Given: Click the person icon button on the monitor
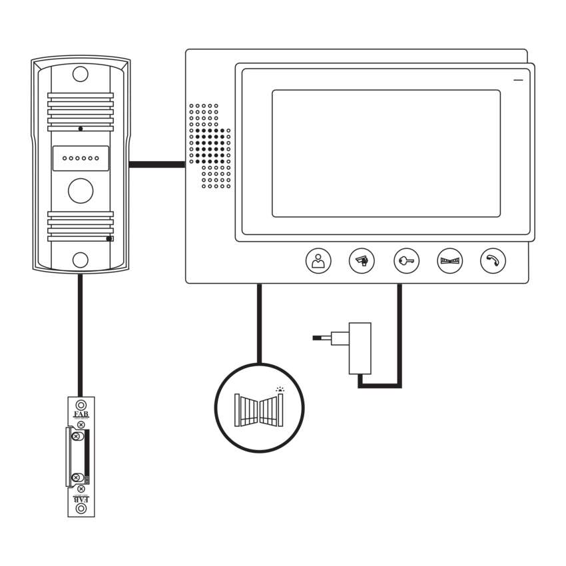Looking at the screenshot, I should click(x=318, y=261).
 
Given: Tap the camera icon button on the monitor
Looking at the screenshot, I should click(x=362, y=261).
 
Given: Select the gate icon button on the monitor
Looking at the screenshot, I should click(x=449, y=261).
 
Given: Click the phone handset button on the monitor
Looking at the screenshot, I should click(x=493, y=261).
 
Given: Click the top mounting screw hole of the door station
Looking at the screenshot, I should click(x=81, y=73).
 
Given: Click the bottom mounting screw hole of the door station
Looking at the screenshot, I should click(x=81, y=260).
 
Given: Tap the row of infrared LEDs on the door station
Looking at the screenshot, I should click(x=81, y=159).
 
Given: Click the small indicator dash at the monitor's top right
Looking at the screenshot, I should click(x=518, y=81).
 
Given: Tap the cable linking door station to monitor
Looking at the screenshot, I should click(x=156, y=164).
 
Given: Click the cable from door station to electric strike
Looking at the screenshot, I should click(x=80, y=333).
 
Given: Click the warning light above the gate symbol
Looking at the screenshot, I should click(x=280, y=390).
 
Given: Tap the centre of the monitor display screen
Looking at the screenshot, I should click(x=386, y=153).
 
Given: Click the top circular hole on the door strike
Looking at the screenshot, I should click(x=81, y=405).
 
